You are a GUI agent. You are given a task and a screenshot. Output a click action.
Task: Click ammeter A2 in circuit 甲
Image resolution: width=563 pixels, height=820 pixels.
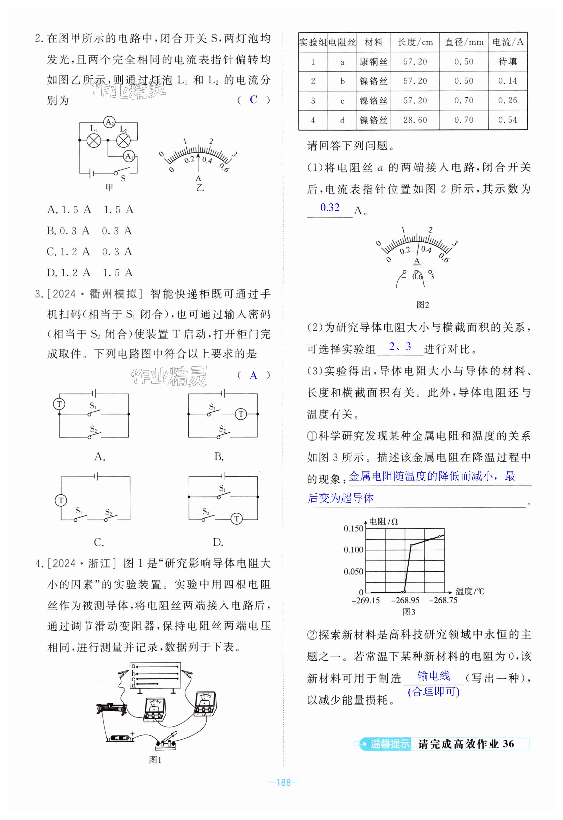pyautogui.click(x=109, y=122)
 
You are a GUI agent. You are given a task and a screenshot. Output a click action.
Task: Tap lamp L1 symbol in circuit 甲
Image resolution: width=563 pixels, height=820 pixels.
pyautogui.click(x=94, y=140)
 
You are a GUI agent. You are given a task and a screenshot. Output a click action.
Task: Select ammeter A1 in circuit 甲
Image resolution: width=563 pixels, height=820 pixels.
pyautogui.click(x=129, y=156)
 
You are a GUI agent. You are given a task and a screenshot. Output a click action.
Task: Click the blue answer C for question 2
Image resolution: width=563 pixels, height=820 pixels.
pyautogui.click(x=253, y=100)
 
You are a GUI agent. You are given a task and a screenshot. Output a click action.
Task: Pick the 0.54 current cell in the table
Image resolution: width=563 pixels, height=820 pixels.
pyautogui.click(x=507, y=120)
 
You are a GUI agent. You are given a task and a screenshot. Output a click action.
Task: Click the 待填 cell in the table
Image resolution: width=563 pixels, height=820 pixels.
pyautogui.click(x=507, y=62)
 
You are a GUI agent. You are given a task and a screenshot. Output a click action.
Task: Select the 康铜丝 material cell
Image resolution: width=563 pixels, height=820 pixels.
pyautogui.click(x=373, y=62)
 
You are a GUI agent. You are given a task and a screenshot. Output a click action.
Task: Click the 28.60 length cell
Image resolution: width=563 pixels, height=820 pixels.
pyautogui.click(x=415, y=120)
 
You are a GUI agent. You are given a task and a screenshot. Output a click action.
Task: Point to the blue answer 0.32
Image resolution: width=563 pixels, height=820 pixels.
pyautogui.click(x=330, y=208)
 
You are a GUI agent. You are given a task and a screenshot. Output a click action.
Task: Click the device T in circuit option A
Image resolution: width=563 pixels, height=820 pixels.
pyautogui.click(x=59, y=404)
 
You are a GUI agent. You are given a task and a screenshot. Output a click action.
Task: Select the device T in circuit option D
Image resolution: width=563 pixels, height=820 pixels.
pyautogui.click(x=237, y=519)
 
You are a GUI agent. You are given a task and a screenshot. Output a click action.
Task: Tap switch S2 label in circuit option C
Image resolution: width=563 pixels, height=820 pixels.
pyautogui.click(x=108, y=512)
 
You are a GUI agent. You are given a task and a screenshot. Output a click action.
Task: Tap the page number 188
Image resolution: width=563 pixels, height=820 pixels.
pyautogui.click(x=284, y=782)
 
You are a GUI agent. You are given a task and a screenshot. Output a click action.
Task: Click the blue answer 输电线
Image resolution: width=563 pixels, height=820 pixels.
pyautogui.click(x=433, y=676)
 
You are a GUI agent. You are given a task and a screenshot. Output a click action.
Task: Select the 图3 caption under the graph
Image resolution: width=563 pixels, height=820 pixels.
pyautogui.click(x=409, y=612)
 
